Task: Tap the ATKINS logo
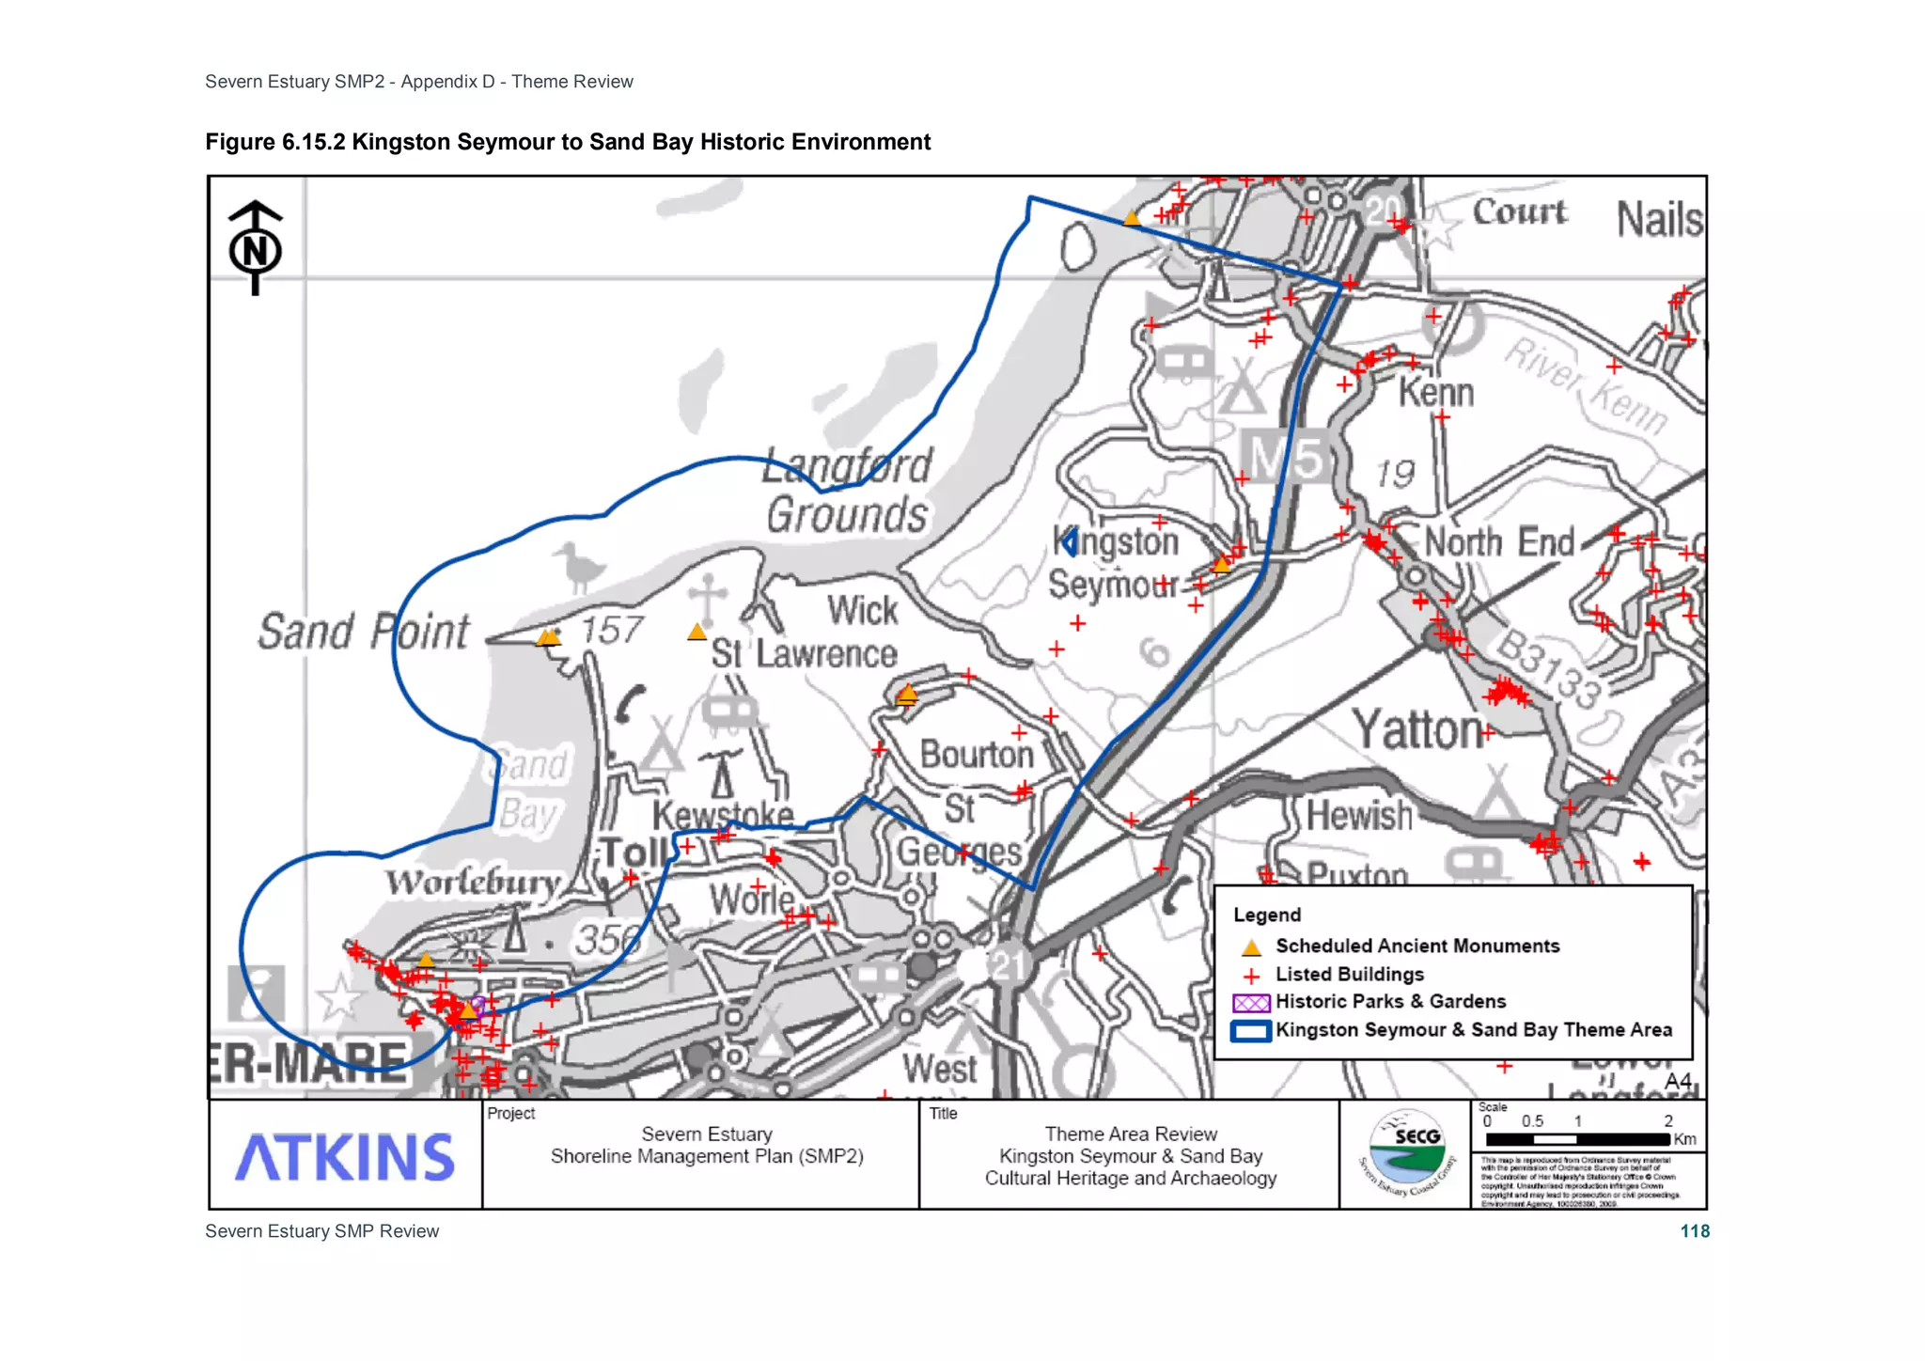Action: point(344,1157)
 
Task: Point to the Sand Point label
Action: point(364,632)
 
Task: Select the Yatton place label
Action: point(1417,730)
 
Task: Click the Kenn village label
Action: point(1435,393)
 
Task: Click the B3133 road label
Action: point(1548,669)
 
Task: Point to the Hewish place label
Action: point(1359,816)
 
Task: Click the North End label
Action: point(1499,542)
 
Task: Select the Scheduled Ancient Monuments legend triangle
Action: point(1251,946)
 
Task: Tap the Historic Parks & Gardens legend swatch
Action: point(1251,1003)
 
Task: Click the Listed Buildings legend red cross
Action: point(1251,976)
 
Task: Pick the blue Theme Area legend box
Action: point(1251,1031)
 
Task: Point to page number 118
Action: point(1695,1231)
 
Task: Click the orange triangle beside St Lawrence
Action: point(696,632)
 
